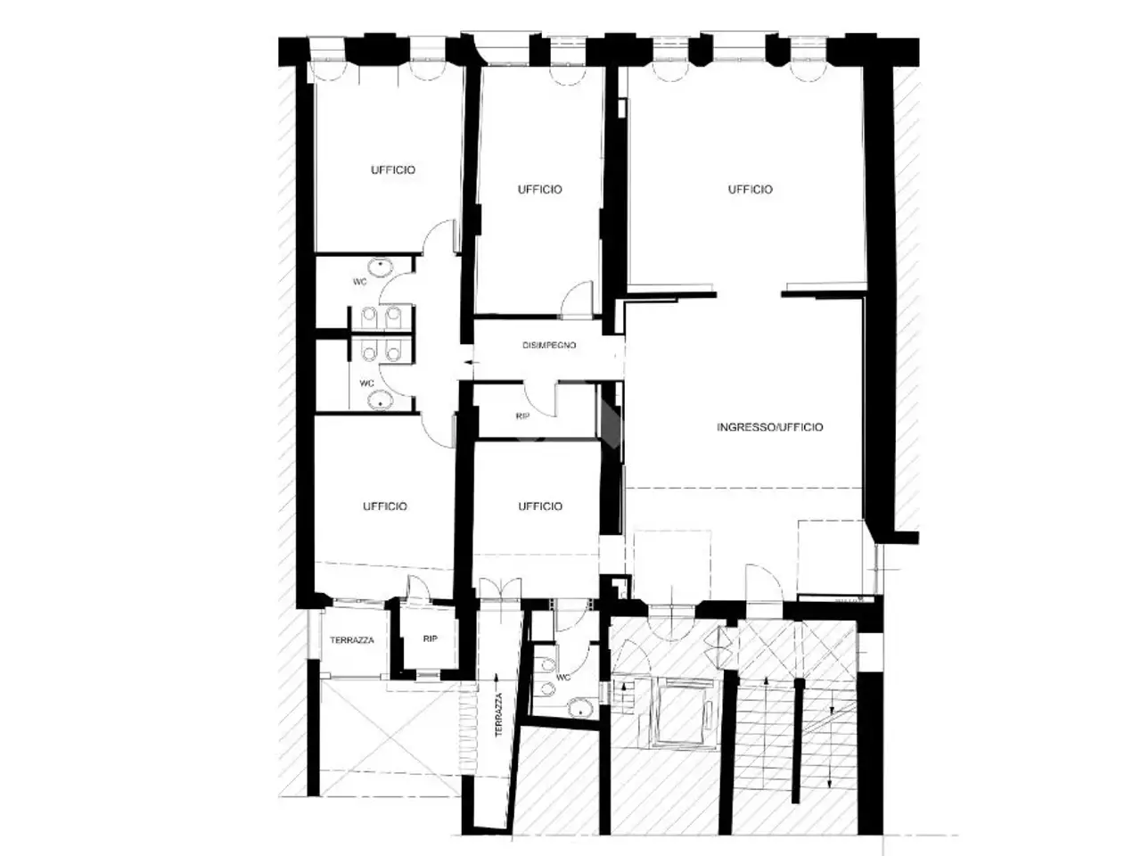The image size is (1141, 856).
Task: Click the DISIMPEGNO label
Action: [x=549, y=345]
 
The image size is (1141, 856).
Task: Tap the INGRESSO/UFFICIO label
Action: [x=770, y=427]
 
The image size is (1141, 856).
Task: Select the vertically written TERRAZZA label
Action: [x=498, y=714]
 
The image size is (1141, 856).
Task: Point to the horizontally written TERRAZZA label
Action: [x=352, y=640]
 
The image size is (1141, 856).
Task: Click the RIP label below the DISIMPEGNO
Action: [x=522, y=416]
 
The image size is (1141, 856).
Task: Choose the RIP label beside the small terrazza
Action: [x=430, y=638]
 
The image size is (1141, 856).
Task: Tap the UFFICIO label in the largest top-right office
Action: [x=750, y=190]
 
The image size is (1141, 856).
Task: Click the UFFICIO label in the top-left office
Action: [x=393, y=170]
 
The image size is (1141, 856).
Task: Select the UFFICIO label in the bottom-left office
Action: [x=385, y=506]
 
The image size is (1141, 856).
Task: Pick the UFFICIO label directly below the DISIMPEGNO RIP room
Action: [x=540, y=506]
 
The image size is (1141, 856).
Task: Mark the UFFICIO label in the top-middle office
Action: [x=539, y=190]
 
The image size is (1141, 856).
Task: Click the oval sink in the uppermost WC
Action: [x=381, y=267]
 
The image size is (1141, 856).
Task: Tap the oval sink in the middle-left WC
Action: [x=381, y=400]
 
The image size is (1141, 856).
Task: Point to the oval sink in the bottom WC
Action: [x=578, y=708]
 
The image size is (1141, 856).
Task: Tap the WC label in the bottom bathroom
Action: [x=563, y=678]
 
